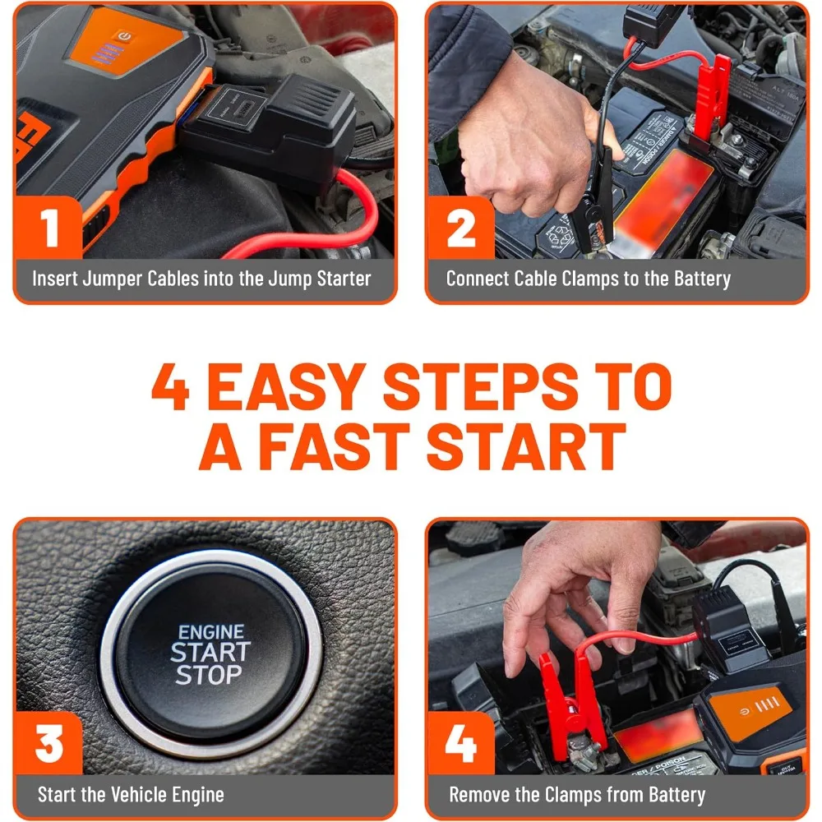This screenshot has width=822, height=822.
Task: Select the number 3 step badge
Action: [x=50, y=744]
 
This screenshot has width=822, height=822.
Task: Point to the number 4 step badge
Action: [x=461, y=744]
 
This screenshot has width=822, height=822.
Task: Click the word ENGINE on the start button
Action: [x=211, y=632]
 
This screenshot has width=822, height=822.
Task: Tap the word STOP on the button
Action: [x=209, y=676]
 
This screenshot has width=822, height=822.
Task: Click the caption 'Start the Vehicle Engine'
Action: [x=131, y=795]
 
